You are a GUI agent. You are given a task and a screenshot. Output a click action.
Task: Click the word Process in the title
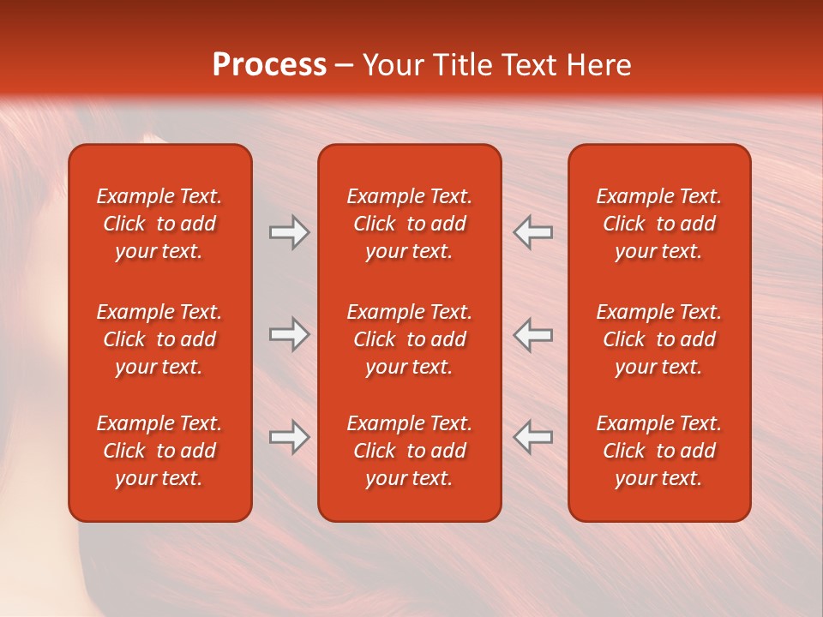[x=269, y=64]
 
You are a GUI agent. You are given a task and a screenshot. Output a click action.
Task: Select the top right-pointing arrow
[x=289, y=232]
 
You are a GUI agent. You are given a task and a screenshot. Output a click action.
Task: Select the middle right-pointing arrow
[x=289, y=334]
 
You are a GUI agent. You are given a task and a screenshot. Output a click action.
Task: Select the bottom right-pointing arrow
[x=289, y=437]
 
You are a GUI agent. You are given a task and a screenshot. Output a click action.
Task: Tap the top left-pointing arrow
[x=533, y=232]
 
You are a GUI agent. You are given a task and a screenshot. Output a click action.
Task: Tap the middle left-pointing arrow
[x=533, y=334]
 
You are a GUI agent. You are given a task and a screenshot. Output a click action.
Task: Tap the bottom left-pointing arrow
[x=533, y=437]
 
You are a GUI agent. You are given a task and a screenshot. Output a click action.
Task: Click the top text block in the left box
[x=159, y=224]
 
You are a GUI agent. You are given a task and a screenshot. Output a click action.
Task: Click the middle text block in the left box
[x=159, y=339]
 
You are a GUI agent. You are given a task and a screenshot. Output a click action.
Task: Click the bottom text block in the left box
[x=159, y=451]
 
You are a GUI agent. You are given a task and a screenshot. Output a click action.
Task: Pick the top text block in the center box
[x=409, y=224]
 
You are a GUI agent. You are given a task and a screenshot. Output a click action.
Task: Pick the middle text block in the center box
[x=409, y=339]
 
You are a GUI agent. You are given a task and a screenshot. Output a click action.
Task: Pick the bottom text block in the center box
[x=409, y=451]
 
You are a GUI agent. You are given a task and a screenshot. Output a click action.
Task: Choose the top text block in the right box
[x=658, y=224]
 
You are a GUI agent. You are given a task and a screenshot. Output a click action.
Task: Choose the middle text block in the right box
[x=658, y=339]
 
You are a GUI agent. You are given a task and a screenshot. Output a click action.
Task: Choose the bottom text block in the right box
[x=658, y=451]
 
